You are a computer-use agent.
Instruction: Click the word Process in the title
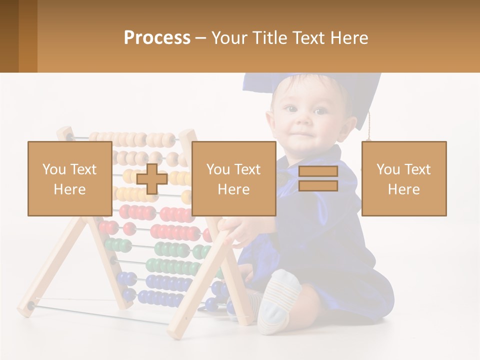(157, 38)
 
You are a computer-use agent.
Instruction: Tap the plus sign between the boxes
(151, 179)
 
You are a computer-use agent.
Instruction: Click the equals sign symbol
(318, 178)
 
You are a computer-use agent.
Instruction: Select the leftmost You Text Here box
(70, 178)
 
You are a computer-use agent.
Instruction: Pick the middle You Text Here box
(233, 178)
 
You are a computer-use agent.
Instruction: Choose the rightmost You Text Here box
(403, 178)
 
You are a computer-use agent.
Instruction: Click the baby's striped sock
(278, 300)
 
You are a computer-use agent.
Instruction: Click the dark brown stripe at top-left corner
(9, 36)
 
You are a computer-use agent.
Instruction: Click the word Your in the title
(230, 38)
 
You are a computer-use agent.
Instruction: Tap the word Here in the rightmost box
(403, 189)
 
